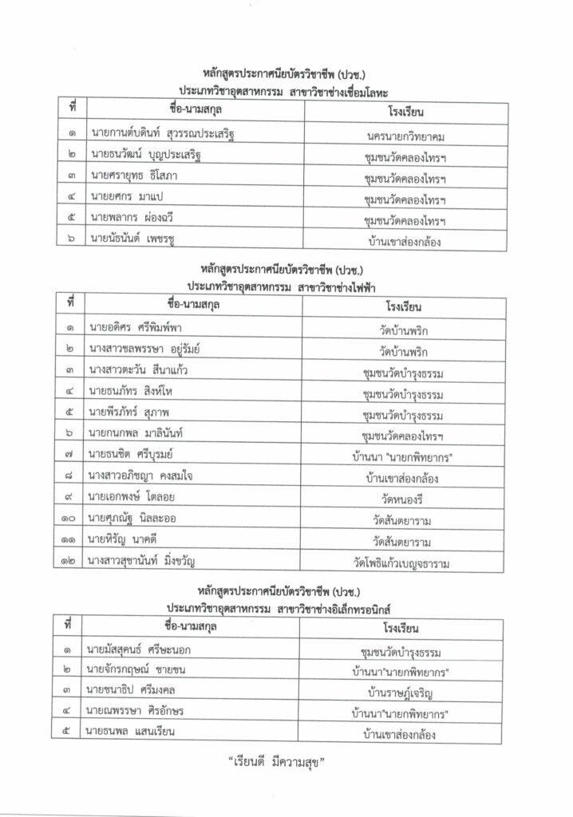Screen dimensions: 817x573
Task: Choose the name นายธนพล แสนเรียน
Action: (x=132, y=732)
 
